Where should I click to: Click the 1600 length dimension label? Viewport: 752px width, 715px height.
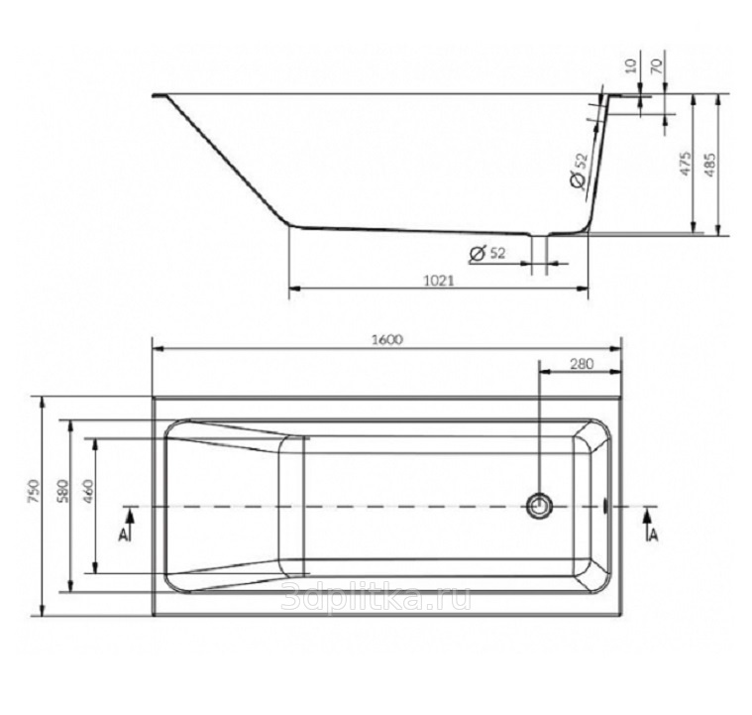[387, 339]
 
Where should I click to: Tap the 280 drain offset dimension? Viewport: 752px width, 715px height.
[582, 364]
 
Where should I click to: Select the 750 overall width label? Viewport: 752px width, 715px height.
[33, 491]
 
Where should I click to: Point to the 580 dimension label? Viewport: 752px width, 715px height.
[62, 491]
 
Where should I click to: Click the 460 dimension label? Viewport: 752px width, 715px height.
[88, 491]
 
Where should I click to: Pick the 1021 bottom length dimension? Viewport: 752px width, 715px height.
[438, 280]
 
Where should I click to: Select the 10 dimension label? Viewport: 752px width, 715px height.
[632, 64]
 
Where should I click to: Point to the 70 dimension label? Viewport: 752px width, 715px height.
[657, 64]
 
